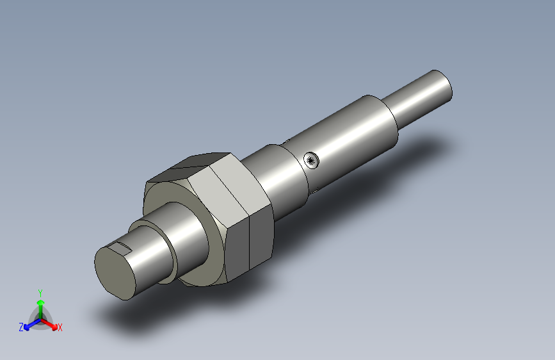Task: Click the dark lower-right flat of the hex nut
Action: point(260,240)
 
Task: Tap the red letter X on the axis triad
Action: point(60,327)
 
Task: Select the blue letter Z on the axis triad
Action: point(21,327)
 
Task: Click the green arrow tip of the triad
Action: point(40,301)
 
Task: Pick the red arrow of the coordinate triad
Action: point(51,323)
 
